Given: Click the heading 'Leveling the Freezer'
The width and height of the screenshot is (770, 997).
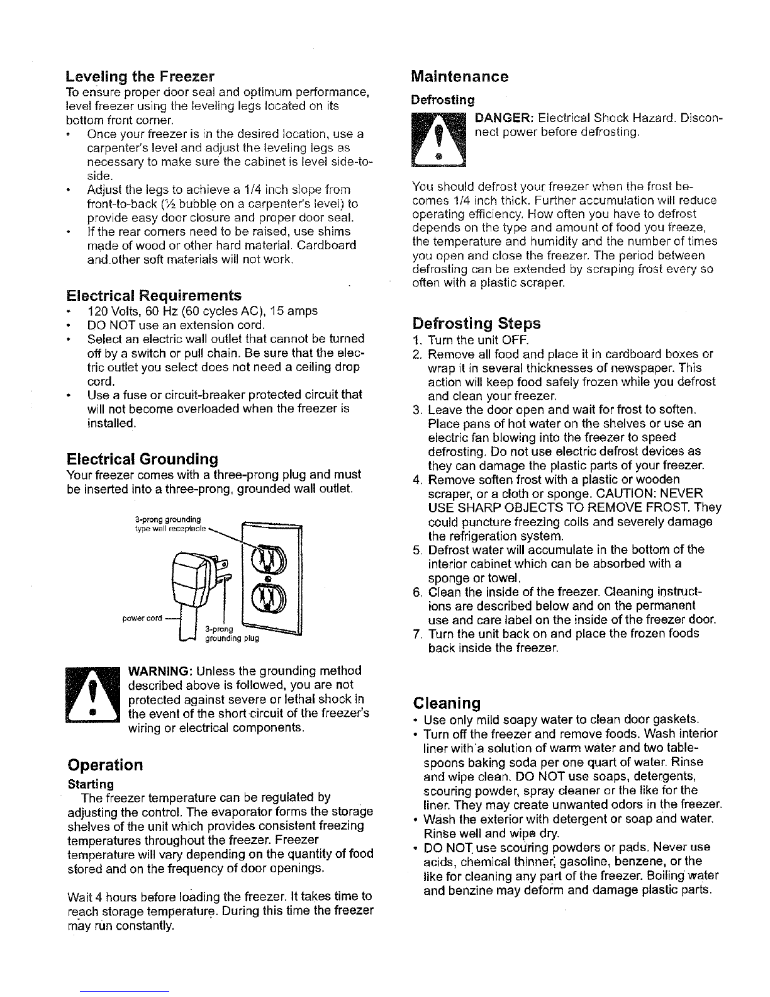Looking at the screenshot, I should point(140,77).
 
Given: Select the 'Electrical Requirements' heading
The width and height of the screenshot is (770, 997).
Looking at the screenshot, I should point(153,295).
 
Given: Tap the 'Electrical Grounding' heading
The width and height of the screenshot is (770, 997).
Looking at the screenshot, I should point(142,458).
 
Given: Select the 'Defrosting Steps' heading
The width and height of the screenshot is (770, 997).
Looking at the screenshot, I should point(476,324).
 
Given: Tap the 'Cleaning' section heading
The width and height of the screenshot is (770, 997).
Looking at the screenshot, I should point(447,702).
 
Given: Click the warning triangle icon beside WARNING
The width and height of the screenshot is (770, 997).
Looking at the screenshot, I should point(92,694).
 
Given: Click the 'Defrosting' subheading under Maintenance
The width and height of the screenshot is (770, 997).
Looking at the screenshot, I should point(442,99).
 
